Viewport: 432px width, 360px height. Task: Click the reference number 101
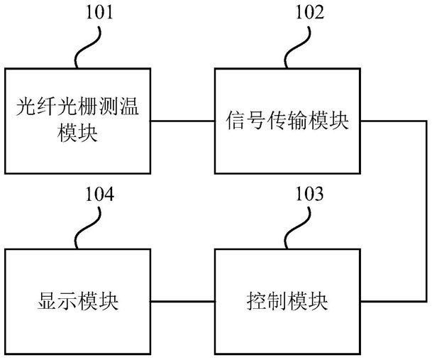pyautogui.click(x=100, y=13)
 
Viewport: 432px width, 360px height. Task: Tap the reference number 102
pyautogui.click(x=310, y=13)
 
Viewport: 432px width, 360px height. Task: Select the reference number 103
pyautogui.click(x=309, y=194)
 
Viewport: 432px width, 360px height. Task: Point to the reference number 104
pyautogui.click(x=100, y=194)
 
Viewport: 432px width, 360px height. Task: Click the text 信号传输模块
pyautogui.click(x=287, y=121)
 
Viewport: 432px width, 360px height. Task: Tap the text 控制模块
pyautogui.click(x=287, y=301)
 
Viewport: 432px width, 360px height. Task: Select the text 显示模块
pyautogui.click(x=78, y=301)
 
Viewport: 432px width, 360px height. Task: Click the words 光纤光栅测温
pyautogui.click(x=77, y=107)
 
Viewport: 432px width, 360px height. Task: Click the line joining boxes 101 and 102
pyautogui.click(x=182, y=121)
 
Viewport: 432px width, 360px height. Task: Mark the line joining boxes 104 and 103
pyautogui.click(x=182, y=302)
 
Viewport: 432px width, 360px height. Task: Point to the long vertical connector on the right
pyautogui.click(x=426, y=211)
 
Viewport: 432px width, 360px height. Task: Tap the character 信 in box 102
pyautogui.click(x=236, y=121)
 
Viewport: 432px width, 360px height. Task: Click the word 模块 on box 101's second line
pyautogui.click(x=78, y=133)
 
